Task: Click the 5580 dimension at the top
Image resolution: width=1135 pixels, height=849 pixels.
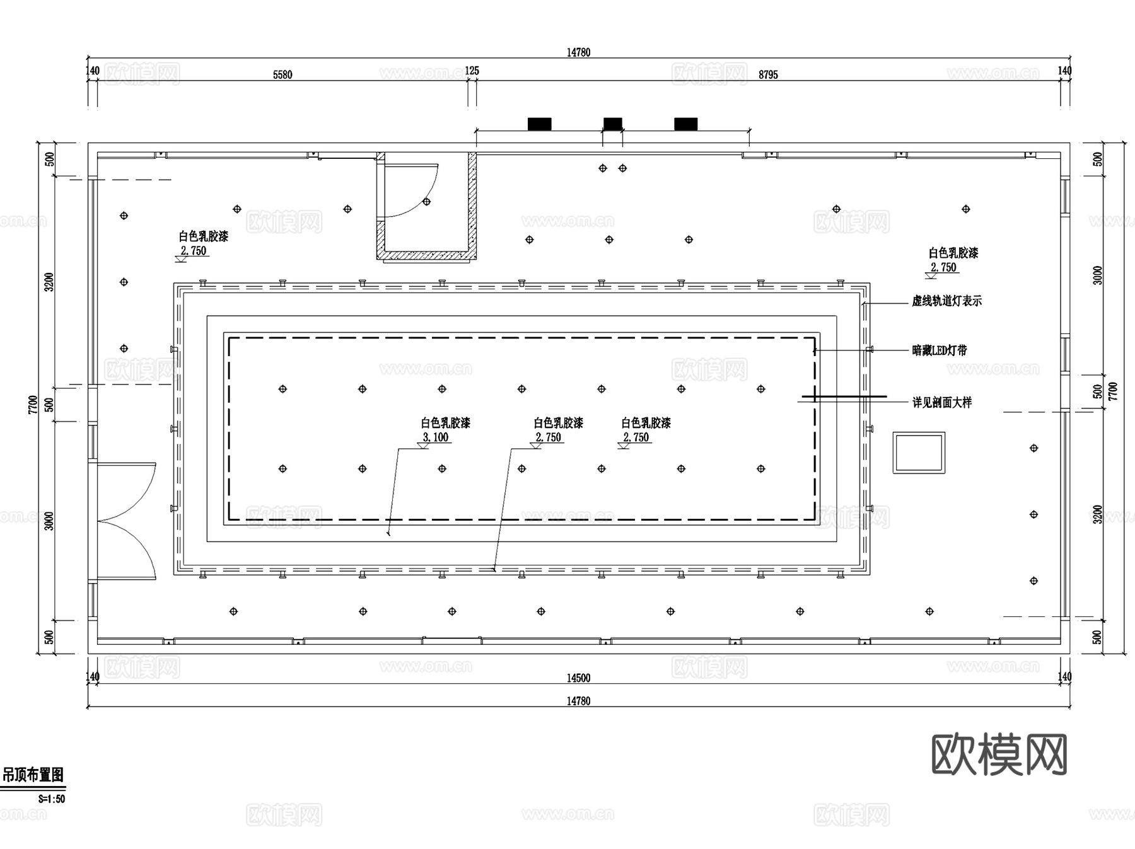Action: [x=282, y=75]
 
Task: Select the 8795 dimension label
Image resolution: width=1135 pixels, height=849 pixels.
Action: [x=768, y=75]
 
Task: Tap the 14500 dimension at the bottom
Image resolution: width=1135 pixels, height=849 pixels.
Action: [x=578, y=678]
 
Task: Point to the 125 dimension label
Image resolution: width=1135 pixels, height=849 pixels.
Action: [x=472, y=71]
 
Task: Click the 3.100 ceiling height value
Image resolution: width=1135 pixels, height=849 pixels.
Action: [x=436, y=437]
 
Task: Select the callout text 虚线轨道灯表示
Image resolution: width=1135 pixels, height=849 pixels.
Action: [x=946, y=301]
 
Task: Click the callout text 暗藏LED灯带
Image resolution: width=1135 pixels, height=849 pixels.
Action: [x=939, y=350]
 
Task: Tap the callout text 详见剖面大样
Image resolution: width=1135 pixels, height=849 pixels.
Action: [x=941, y=402]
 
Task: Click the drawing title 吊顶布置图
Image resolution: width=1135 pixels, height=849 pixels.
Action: [x=33, y=775]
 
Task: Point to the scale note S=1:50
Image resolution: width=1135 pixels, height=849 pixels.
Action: [x=52, y=799]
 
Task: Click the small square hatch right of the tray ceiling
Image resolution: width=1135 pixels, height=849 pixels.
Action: [x=919, y=453]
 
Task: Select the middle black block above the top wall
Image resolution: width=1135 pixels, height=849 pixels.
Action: [x=612, y=124]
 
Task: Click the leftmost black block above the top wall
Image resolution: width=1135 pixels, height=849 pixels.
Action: [x=539, y=124]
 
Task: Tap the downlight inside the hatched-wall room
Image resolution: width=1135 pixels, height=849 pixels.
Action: [x=427, y=202]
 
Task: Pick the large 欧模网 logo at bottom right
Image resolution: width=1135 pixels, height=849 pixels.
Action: [x=999, y=754]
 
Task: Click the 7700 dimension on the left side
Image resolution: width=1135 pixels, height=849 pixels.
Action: [x=33, y=405]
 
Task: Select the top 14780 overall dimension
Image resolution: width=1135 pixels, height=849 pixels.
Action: [x=578, y=52]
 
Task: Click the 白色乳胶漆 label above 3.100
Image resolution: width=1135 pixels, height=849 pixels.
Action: [x=446, y=423]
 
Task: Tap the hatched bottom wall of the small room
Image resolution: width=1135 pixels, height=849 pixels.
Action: [x=426, y=255]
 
